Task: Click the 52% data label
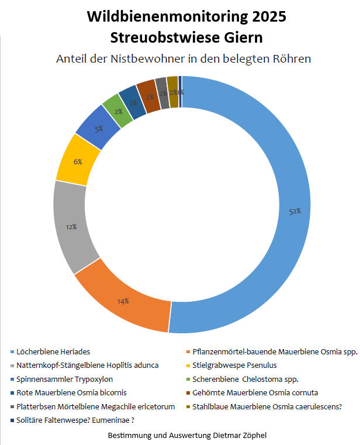295,211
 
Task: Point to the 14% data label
123,301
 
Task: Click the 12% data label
71,226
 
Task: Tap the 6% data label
78,162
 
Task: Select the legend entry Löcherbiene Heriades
53,351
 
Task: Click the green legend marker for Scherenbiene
187,380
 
